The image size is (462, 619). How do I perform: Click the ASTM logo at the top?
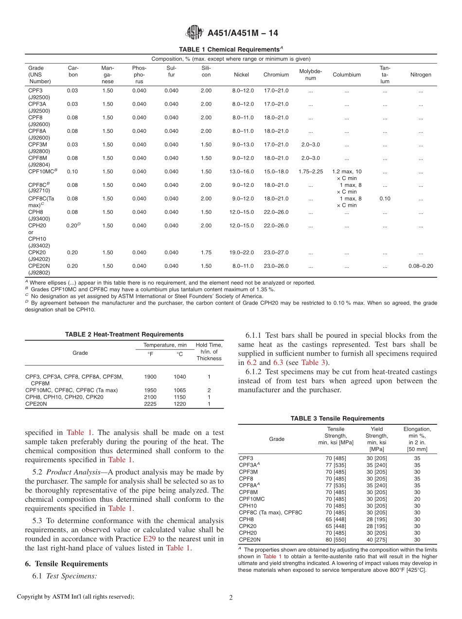[195, 33]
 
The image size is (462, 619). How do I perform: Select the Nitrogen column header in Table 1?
[421, 75]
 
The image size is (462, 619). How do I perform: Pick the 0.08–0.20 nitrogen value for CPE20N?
[421, 266]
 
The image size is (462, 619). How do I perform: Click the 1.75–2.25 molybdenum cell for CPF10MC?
[310, 172]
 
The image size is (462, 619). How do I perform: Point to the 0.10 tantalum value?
[385, 199]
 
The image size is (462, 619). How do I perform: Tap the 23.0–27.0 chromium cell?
[276, 253]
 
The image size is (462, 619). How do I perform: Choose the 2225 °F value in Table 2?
[150, 404]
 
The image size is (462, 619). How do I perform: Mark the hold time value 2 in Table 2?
[209, 390]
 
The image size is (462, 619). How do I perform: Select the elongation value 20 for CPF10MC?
[417, 499]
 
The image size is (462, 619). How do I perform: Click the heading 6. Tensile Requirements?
[67, 564]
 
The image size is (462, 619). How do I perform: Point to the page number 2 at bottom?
[231, 598]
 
